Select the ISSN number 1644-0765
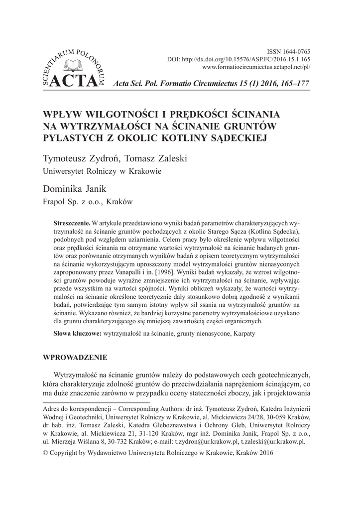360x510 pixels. [296, 51]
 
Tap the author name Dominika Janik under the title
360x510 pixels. [75, 189]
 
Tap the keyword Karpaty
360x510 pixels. [243, 333]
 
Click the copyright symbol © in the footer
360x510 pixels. [47, 453]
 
